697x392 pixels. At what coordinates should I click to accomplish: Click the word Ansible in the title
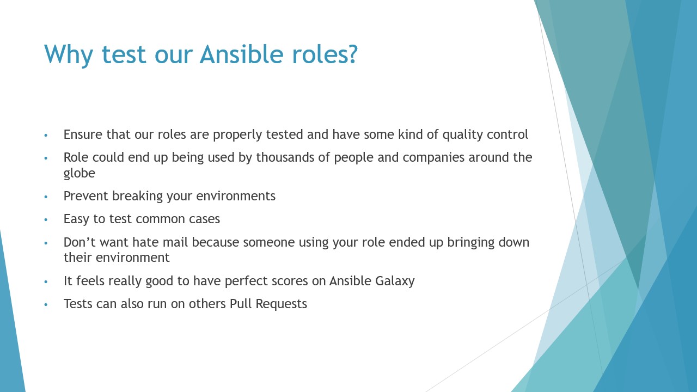click(x=241, y=54)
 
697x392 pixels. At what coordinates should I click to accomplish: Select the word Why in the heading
click(x=69, y=55)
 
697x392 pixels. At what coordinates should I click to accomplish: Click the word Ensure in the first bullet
click(x=83, y=134)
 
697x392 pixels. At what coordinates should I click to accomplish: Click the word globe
click(x=80, y=174)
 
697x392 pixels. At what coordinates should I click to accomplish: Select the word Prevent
click(x=85, y=196)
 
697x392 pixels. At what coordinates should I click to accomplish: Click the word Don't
click(x=80, y=242)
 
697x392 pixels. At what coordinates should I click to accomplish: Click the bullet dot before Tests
click(x=46, y=304)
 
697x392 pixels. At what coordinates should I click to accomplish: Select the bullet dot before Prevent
click(x=46, y=197)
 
